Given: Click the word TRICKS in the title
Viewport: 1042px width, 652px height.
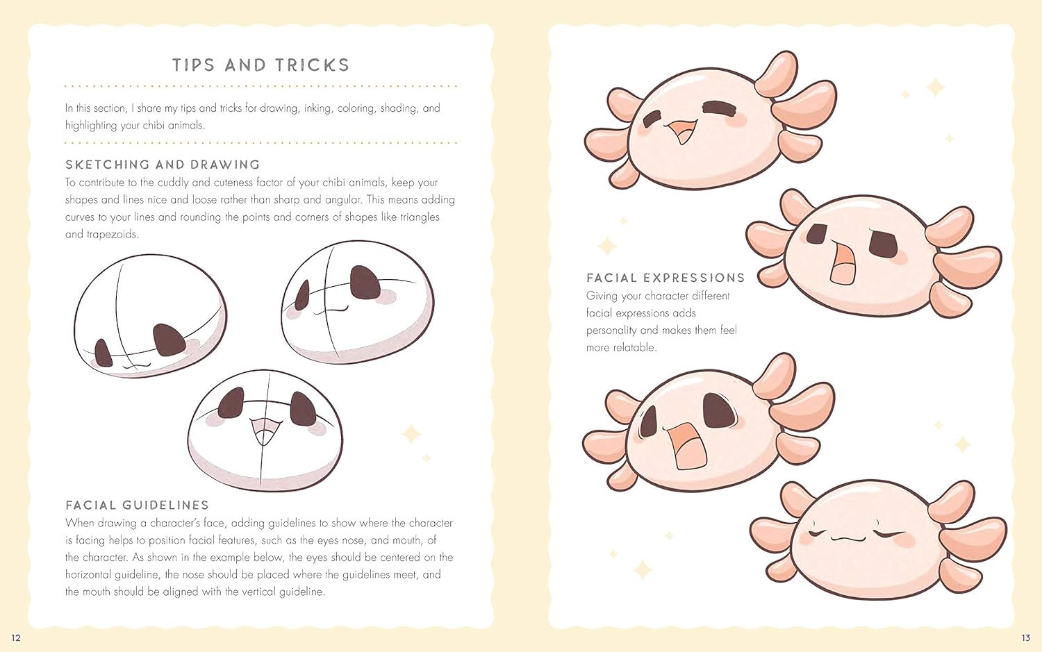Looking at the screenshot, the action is click(x=312, y=65).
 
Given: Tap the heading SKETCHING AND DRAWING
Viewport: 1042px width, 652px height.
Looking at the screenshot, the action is click(x=163, y=165).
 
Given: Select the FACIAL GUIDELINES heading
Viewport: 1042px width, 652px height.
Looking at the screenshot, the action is click(x=138, y=505).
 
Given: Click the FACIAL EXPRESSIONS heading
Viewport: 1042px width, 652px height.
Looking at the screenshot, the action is click(x=665, y=278).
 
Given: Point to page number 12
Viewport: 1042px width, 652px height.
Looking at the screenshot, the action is click(x=16, y=637).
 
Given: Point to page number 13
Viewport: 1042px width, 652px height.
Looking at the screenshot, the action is click(x=1026, y=637).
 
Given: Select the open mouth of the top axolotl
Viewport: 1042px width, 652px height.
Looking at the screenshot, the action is click(x=681, y=132).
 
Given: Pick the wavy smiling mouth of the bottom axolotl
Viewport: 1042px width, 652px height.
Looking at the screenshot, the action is click(x=847, y=539).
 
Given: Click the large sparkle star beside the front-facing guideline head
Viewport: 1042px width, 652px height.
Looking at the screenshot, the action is click(x=411, y=434).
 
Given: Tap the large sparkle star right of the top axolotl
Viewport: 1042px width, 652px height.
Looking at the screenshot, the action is click(x=935, y=87).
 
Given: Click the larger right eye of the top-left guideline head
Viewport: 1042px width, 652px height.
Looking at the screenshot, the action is click(x=168, y=340).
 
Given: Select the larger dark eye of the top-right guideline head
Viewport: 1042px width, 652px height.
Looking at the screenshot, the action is click(x=365, y=282).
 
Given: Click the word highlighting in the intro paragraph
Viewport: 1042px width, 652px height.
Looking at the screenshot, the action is click(x=91, y=126).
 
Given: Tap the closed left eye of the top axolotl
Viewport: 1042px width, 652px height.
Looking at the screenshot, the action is click(x=653, y=119).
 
